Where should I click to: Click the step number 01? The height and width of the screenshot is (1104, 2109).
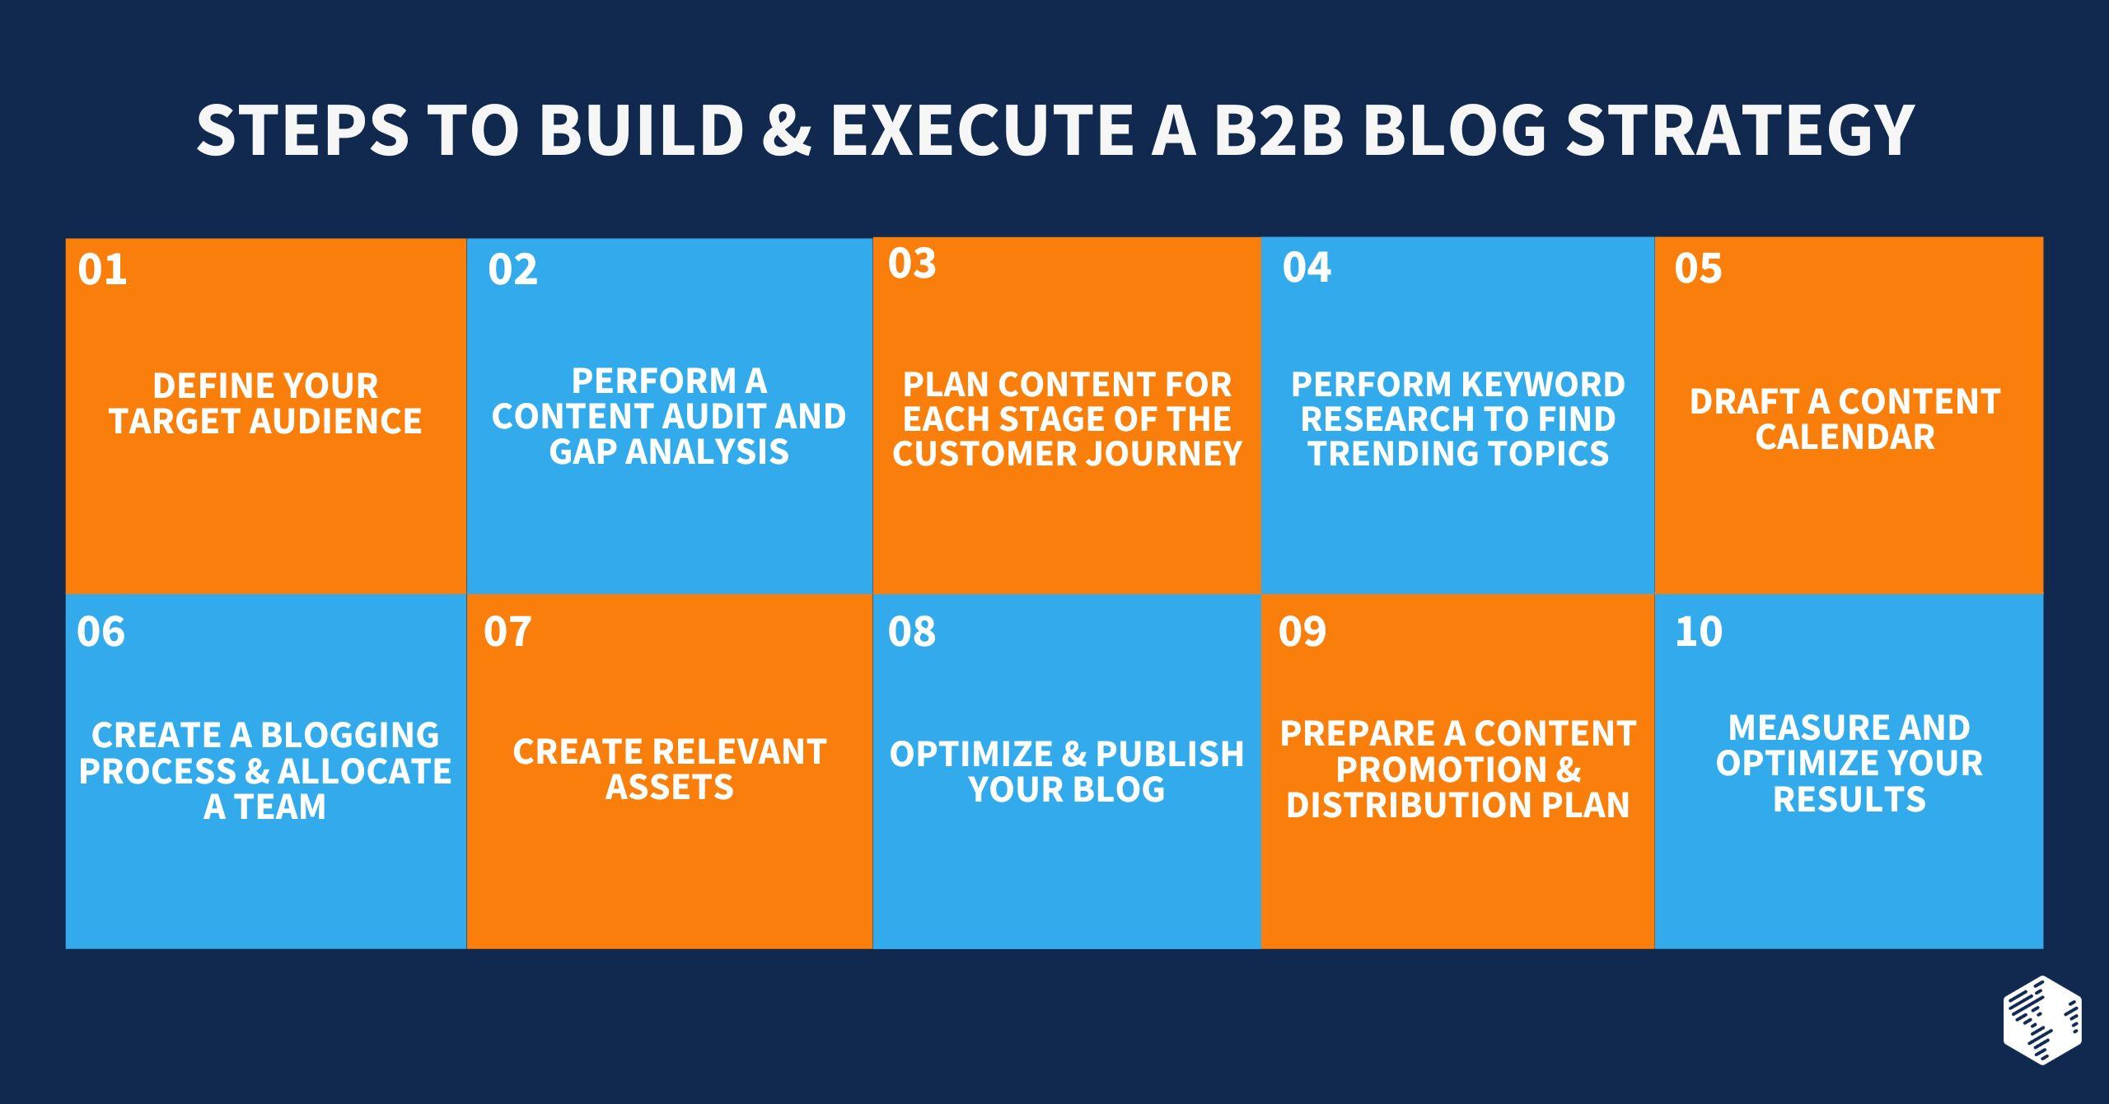point(102,270)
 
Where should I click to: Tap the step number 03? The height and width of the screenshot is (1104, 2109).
point(912,264)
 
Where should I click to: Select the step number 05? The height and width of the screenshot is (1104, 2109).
point(1698,269)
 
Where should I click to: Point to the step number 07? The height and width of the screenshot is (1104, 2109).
point(507,632)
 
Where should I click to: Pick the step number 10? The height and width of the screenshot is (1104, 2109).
point(1699,632)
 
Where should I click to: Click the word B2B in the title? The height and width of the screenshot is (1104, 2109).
point(1279,129)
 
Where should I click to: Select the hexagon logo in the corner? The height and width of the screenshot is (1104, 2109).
point(2042,1019)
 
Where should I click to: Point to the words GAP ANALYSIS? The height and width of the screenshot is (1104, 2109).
point(669,451)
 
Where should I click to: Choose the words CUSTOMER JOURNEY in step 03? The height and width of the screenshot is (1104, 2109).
point(1067,453)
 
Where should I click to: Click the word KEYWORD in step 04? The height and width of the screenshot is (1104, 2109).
point(1541,385)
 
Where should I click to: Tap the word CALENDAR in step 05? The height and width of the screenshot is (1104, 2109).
point(1845,437)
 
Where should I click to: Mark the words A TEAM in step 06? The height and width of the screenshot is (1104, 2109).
point(265,807)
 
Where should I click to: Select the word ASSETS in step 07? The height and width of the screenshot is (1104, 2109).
point(669,788)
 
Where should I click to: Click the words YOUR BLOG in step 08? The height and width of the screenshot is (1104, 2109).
point(1067,789)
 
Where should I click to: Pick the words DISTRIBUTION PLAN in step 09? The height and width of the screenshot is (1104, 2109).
point(1457,805)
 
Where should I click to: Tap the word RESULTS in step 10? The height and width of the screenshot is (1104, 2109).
point(1849,799)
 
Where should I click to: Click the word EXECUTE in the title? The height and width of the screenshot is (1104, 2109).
point(980,129)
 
